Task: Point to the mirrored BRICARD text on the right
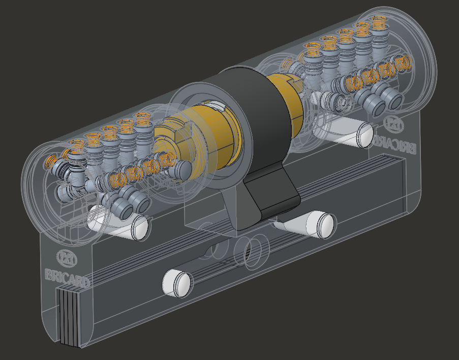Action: coord(395,144)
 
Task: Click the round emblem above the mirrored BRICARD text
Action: coord(394,124)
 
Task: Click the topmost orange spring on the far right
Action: coord(377,23)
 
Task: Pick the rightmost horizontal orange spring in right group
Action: coord(404,63)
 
